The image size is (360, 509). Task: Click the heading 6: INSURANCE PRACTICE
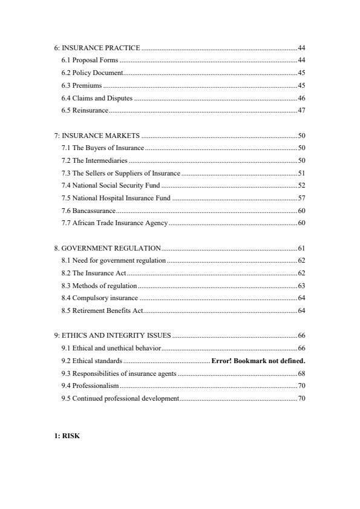coord(97,47)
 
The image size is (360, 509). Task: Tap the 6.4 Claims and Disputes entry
coord(97,98)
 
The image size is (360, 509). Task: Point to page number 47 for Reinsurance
coord(301,111)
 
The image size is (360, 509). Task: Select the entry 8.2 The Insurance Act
coord(93,274)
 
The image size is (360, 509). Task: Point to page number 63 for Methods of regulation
coord(301,286)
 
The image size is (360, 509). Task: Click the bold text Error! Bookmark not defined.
coord(258,361)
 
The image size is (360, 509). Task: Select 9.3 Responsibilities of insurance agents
coord(119,373)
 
